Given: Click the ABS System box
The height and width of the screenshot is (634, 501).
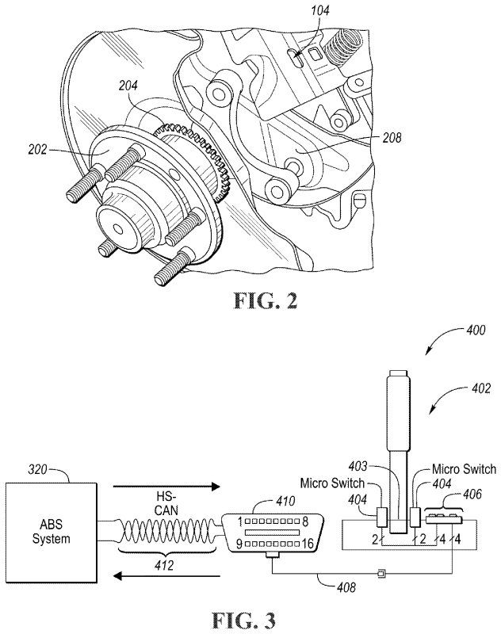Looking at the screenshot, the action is click(x=51, y=532).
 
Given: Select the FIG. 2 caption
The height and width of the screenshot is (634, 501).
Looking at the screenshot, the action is click(x=266, y=301).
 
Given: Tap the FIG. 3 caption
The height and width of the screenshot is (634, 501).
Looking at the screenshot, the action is click(x=244, y=620).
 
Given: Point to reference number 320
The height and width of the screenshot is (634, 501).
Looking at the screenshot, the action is click(x=37, y=470).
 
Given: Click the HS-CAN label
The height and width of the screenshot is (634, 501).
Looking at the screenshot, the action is click(x=166, y=502).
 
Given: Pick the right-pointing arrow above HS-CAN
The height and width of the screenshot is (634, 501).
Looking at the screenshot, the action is click(x=166, y=487).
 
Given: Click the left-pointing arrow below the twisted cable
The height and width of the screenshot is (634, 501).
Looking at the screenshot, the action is click(x=166, y=575).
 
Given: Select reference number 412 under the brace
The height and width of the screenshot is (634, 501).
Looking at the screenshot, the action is click(x=164, y=564).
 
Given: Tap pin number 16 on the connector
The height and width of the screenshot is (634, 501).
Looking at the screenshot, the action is click(x=308, y=544).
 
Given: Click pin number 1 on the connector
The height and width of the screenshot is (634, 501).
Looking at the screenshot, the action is click(x=239, y=521).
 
